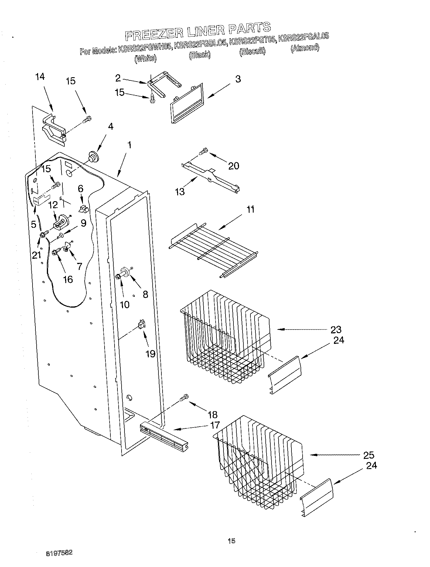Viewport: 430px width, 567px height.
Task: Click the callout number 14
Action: pos(40,77)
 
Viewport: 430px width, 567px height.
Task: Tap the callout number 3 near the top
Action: pos(238,79)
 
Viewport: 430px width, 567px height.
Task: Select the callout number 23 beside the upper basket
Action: pos(336,330)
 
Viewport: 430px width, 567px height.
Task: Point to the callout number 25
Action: pos(368,455)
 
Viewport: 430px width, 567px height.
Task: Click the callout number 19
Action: pos(150,354)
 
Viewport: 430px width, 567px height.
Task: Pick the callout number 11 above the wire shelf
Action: pos(250,209)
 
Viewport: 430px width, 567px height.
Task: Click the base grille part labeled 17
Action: pos(161,434)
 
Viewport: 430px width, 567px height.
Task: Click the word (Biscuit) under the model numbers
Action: pos(252,51)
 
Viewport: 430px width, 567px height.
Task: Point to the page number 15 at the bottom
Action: pos(231,541)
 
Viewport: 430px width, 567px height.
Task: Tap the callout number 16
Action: pos(68,279)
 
